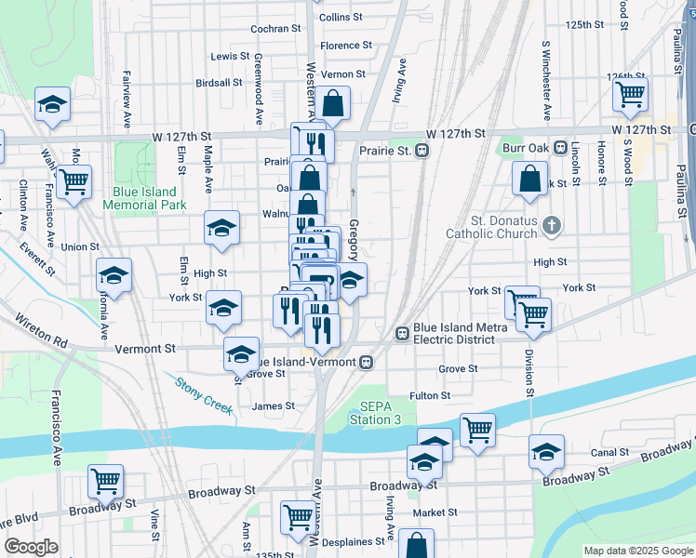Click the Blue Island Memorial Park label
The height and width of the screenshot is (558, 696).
pyautogui.click(x=149, y=198)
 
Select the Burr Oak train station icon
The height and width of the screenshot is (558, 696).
pyautogui.click(x=560, y=148)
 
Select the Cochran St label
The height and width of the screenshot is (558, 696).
pyautogui.click(x=275, y=29)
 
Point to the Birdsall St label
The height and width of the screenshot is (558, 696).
pyautogui.click(x=219, y=82)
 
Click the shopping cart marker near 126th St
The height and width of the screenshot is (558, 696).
pyautogui.click(x=631, y=94)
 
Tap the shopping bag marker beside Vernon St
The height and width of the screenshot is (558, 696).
pyautogui.click(x=332, y=103)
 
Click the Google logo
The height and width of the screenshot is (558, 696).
pyautogui.click(x=31, y=547)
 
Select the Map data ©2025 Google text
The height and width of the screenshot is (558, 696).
pyautogui.click(x=637, y=551)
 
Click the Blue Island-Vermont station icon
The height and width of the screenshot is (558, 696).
pyautogui.click(x=368, y=361)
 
